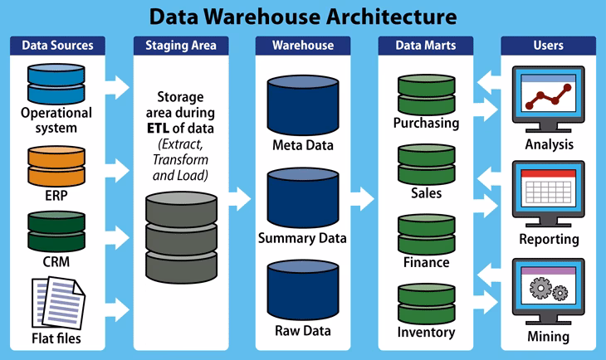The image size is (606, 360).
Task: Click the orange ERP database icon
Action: (56, 166)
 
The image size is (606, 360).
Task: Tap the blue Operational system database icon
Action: (56, 84)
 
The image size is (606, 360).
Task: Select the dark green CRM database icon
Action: (56, 231)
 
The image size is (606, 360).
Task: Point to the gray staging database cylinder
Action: (181, 237)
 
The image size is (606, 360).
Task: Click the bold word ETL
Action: (158, 129)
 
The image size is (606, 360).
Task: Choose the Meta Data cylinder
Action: (303, 105)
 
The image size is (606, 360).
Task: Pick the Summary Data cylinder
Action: (303, 197)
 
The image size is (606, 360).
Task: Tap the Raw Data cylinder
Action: (303, 290)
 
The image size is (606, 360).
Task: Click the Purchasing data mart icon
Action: (427, 95)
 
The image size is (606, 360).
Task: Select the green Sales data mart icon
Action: (427, 164)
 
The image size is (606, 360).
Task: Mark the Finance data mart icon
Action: (427, 235)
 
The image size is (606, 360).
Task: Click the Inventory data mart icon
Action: (427, 304)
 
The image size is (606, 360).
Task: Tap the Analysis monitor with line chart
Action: (549, 99)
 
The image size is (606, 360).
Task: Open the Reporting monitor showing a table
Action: (549, 194)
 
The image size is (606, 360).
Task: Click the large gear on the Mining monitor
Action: (540, 288)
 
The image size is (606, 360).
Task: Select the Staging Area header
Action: (181, 46)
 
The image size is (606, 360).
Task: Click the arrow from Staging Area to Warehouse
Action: (240, 199)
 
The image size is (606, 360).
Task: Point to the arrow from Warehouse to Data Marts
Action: (363, 199)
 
